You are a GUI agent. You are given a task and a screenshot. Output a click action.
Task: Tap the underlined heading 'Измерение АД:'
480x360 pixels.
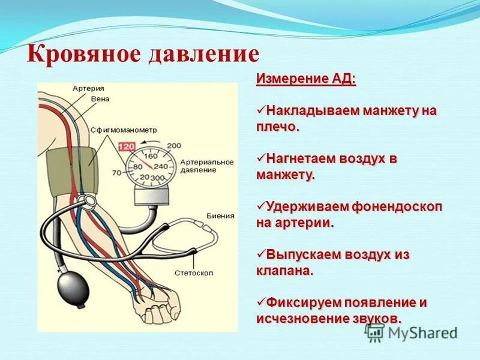[306, 80]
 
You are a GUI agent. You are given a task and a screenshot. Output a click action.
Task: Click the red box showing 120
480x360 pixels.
[127, 146]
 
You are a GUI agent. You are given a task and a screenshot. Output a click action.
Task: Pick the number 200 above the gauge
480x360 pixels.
[173, 145]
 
